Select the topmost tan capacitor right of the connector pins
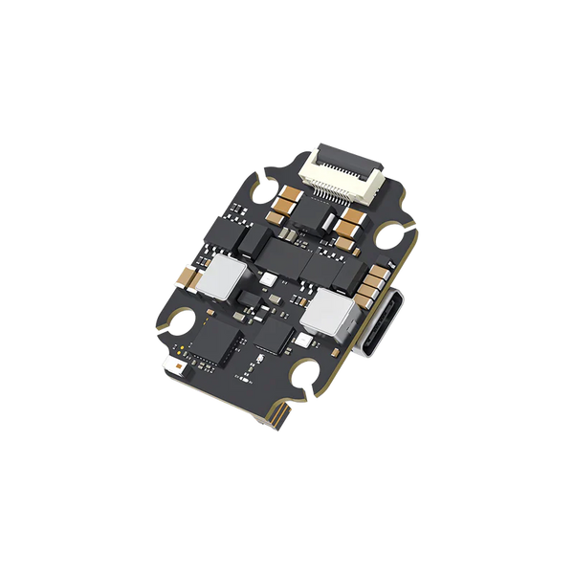click(x=347, y=218)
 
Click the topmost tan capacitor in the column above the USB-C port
click(x=374, y=267)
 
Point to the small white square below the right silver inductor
click(x=303, y=338)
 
